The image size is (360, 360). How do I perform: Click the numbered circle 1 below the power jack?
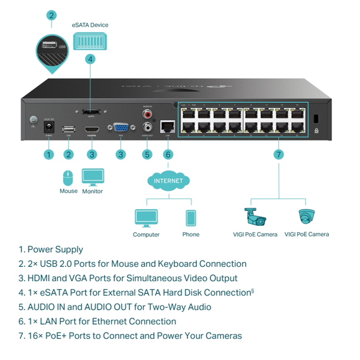48,154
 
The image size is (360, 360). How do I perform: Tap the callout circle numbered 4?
91,59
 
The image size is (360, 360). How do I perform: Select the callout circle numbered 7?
279,154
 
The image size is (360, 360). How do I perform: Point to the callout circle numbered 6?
168,154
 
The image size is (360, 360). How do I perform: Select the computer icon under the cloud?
146,218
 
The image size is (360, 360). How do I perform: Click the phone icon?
191,218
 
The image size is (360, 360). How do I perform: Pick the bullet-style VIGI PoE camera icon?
254,217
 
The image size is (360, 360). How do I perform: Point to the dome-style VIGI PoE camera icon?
306,217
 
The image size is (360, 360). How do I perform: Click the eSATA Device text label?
90,25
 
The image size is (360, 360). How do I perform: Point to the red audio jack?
147,114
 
